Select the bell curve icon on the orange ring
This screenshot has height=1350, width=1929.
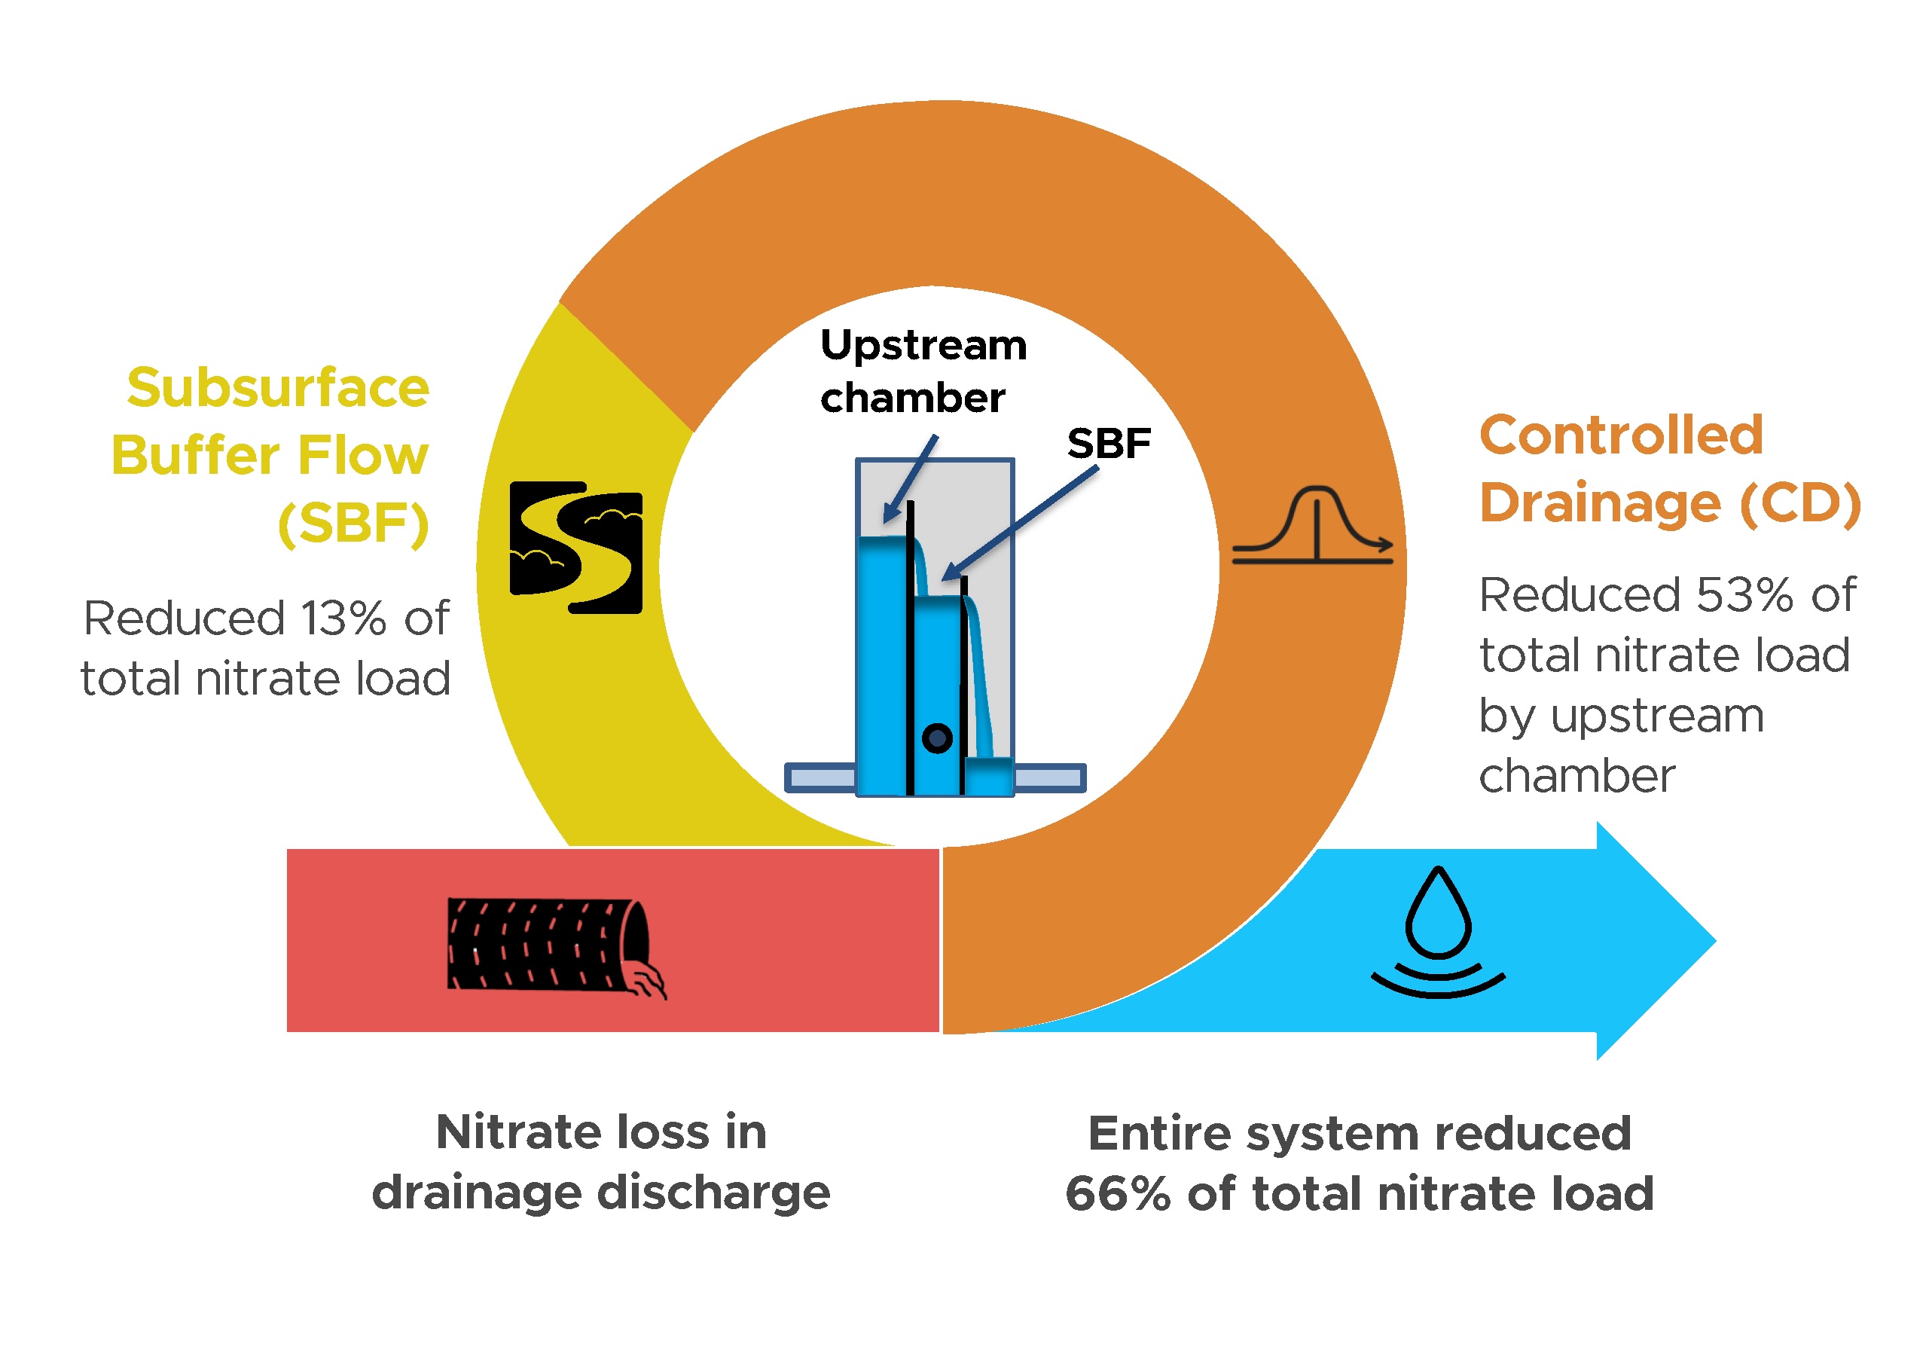point(1312,524)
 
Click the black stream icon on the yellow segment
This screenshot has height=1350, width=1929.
point(576,547)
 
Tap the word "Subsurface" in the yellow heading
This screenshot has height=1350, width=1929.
point(278,388)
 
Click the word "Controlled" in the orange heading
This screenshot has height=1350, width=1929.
point(1621,436)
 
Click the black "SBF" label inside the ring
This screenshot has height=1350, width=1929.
point(1108,444)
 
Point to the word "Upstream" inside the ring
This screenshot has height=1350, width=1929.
point(923,345)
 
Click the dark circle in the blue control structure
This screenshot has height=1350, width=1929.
point(937,738)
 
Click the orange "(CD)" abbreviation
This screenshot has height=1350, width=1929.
point(1799,503)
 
